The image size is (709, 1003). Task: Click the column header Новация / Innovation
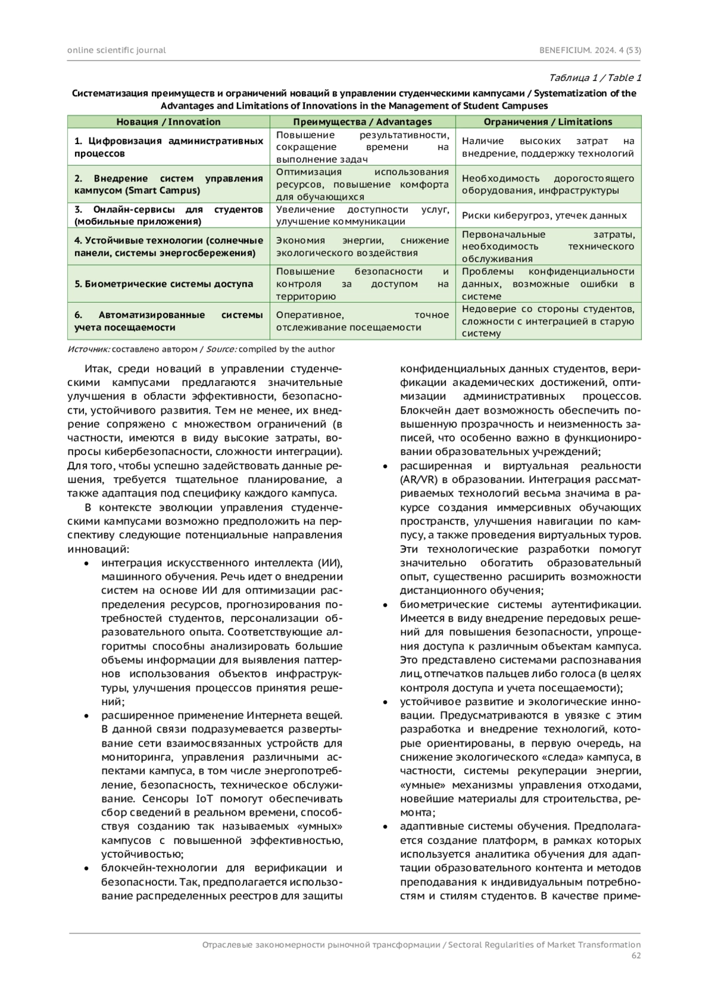168,122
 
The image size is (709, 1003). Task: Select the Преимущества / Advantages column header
362,122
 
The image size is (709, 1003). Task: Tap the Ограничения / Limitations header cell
548,122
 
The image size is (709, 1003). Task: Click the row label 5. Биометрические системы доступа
164,284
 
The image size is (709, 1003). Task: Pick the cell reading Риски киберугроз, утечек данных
544,216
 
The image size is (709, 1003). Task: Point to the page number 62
635,955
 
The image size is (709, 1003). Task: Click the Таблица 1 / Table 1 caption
594,78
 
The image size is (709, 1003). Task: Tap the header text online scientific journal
116,50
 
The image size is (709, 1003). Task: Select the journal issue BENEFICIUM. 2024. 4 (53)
590,50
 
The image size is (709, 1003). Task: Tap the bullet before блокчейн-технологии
87,868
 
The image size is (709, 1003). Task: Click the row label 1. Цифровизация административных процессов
168,147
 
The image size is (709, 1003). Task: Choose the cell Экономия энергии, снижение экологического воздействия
362,246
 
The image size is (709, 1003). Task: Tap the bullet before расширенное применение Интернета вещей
87,716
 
